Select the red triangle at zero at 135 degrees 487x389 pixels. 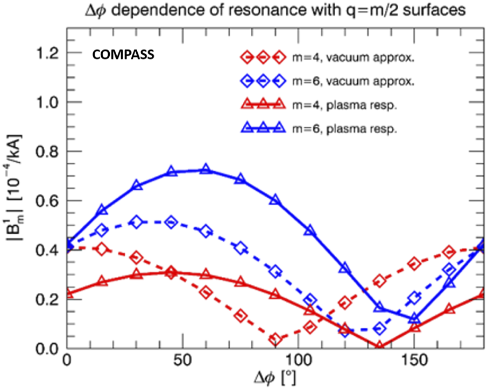[x=379, y=347]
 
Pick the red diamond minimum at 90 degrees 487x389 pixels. [x=276, y=339]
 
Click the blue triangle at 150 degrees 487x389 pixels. [x=414, y=318]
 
